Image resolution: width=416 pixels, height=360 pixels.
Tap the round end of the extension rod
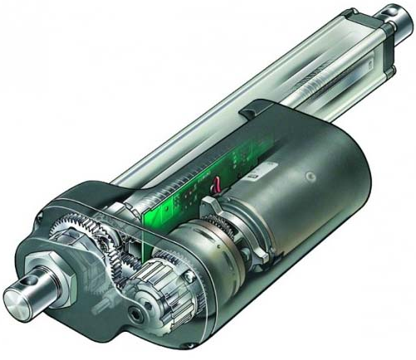(x=398, y=12)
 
